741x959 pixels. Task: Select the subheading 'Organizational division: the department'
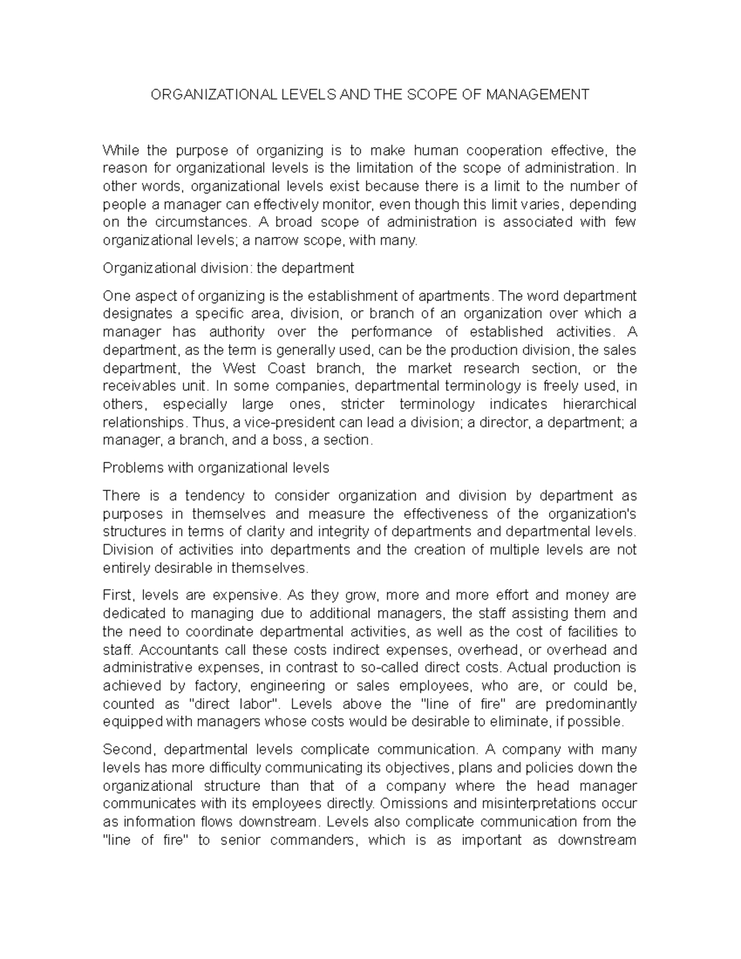[x=228, y=268]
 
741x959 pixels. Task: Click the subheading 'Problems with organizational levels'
[x=216, y=467]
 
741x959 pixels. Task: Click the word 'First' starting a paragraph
[x=117, y=595]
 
